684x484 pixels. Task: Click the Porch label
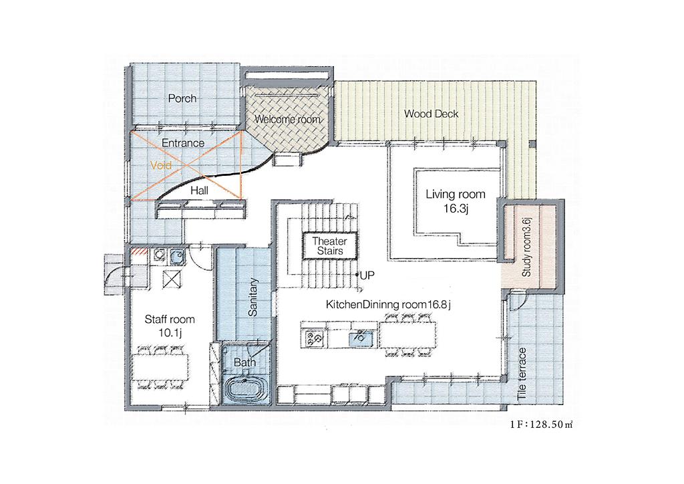click(182, 98)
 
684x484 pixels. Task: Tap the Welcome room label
click(287, 119)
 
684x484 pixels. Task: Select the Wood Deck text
click(431, 114)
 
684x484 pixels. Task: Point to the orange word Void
click(160, 165)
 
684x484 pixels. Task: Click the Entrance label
click(183, 142)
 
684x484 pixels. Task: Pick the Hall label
click(199, 191)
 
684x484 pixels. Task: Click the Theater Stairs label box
click(330, 246)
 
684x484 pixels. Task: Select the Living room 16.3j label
click(456, 201)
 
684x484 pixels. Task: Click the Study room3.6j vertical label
click(526, 247)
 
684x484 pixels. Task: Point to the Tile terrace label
click(522, 374)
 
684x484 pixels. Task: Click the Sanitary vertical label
click(252, 297)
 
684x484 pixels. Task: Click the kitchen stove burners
click(314, 338)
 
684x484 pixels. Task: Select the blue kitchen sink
click(360, 338)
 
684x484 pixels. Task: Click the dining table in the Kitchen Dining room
click(407, 335)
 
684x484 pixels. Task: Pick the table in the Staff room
click(160, 366)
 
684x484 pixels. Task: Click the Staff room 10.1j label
click(170, 326)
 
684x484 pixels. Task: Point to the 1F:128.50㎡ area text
click(541, 425)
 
